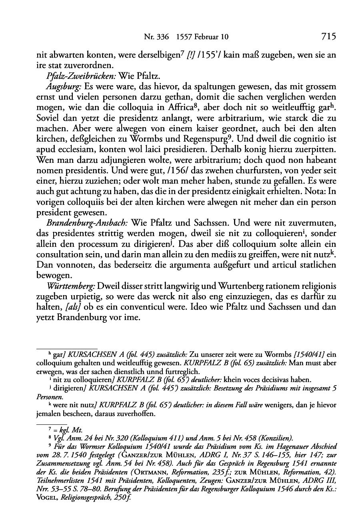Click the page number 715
pyautogui.click(x=328, y=37)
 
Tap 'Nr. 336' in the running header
pyautogui.click(x=154, y=38)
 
